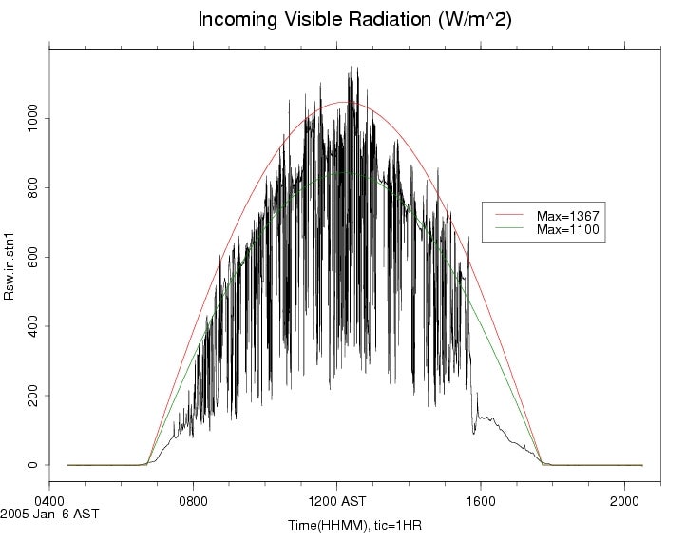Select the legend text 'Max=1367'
567,217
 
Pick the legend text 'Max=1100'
567,229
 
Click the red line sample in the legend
508,217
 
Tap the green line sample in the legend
508,229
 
